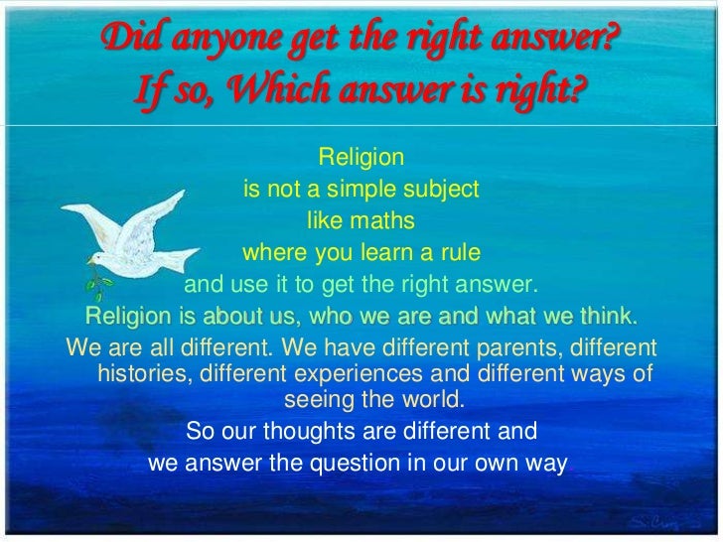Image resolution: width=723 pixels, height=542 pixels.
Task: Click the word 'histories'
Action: coord(145,374)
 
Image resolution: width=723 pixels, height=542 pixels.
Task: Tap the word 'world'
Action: coord(433,400)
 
